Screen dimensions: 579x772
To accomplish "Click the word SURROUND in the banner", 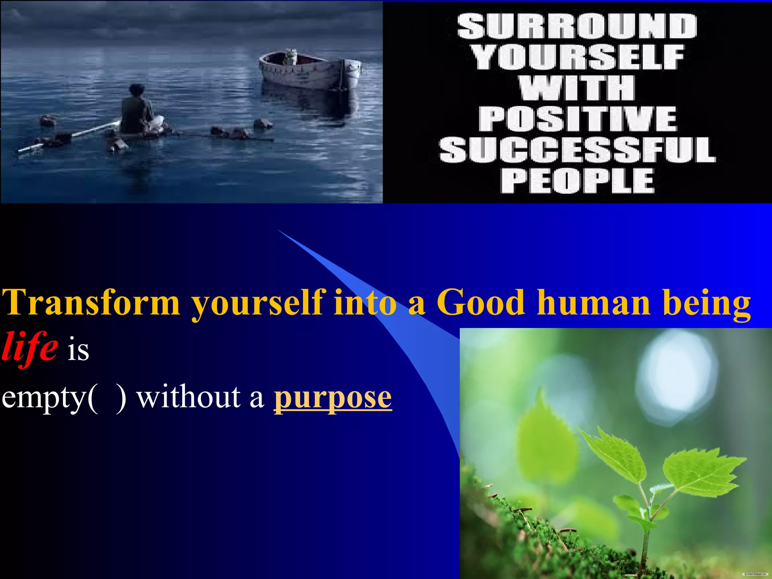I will (x=577, y=26).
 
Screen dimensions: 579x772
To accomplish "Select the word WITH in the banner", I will (x=577, y=88).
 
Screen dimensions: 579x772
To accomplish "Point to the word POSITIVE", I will (x=578, y=119).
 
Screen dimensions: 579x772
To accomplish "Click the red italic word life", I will (x=30, y=346).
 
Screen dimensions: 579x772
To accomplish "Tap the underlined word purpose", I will (x=332, y=398).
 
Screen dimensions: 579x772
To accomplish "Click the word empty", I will (x=44, y=398).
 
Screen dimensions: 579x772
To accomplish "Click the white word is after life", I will (x=78, y=350).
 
